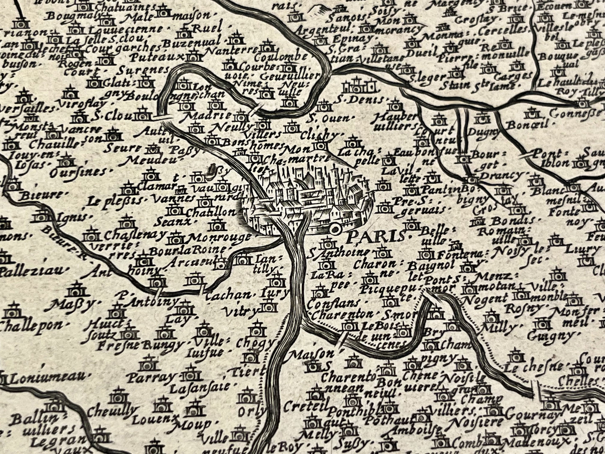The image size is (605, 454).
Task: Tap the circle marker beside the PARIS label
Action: click(335, 229)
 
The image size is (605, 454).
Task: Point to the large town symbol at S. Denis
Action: click(357, 86)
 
